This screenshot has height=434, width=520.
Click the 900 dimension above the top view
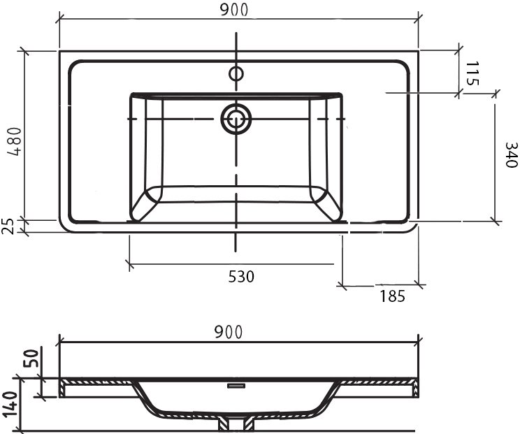coord(234,10)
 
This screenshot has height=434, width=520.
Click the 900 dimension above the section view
coord(229,332)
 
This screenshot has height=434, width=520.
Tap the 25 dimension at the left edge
coord(9,226)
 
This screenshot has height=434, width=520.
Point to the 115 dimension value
coord(472,73)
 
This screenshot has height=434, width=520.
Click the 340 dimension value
coord(511,155)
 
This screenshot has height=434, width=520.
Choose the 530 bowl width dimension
coord(241,277)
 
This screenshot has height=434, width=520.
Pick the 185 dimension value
coord(392,296)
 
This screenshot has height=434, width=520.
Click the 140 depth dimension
coord(10,405)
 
